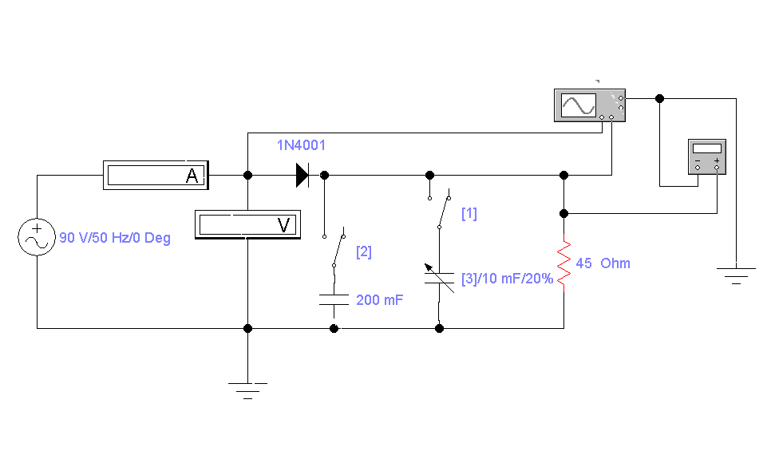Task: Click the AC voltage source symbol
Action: click(x=37, y=237)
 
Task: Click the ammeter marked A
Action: click(x=156, y=175)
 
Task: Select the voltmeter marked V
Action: click(x=247, y=224)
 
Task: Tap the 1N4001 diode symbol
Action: click(x=302, y=175)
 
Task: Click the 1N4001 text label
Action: click(x=301, y=145)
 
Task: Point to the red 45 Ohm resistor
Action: click(x=564, y=263)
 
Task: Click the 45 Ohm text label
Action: click(x=603, y=263)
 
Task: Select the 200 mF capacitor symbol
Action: click(x=334, y=299)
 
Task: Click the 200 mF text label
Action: click(x=380, y=299)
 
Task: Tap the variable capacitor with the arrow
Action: click(x=440, y=278)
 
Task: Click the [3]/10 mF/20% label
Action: click(x=507, y=279)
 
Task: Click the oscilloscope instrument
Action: click(x=590, y=105)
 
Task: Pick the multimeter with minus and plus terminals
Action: click(x=707, y=156)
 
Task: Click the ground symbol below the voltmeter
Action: click(x=247, y=390)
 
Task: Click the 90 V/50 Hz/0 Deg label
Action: click(x=115, y=238)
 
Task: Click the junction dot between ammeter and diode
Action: click(x=247, y=175)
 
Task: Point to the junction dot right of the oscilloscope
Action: click(x=659, y=98)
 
